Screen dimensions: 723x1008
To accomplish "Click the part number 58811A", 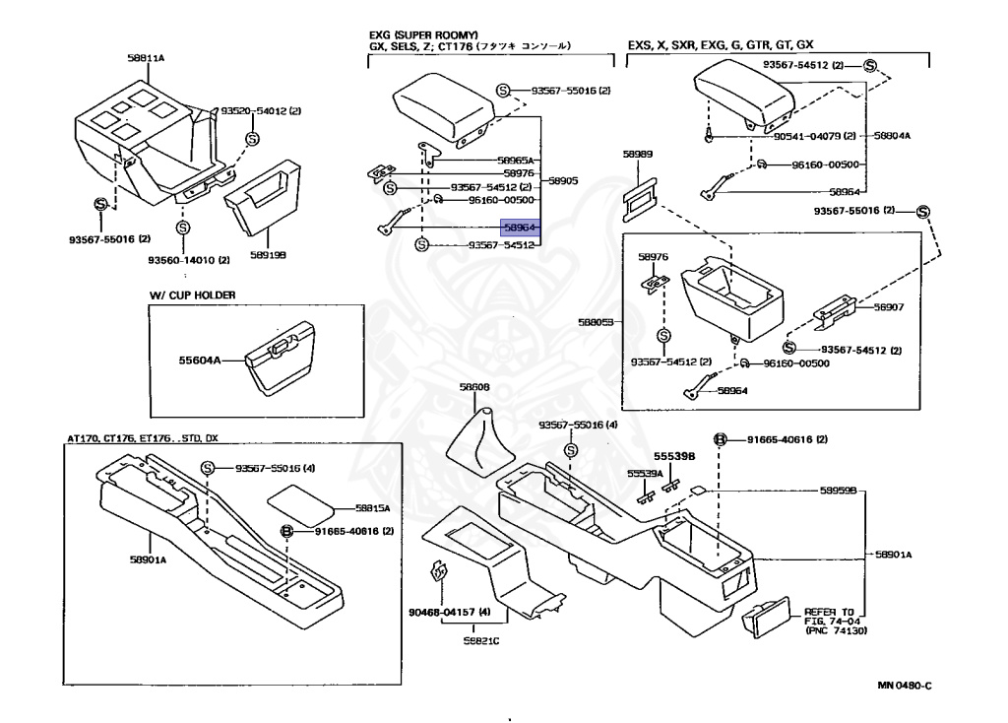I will tap(146, 58).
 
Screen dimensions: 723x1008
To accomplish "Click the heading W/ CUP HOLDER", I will tap(193, 295).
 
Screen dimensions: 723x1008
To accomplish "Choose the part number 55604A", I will tap(201, 361).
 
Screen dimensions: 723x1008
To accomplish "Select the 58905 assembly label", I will tap(563, 181).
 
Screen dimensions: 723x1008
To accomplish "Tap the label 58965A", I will tap(515, 160).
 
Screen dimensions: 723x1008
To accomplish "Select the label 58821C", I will tap(481, 640).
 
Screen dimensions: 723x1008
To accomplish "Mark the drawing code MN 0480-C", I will tap(897, 686).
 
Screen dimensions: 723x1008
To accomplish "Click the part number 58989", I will tap(637, 155).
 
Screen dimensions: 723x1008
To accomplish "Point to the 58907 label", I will tap(888, 306).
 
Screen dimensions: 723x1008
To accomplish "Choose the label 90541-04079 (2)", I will tap(814, 136).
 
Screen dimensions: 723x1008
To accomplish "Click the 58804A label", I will tap(892, 136).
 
